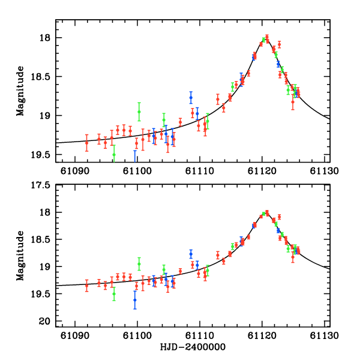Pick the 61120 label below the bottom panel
[262, 337]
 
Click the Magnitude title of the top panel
[20, 91]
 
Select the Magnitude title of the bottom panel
[20, 255]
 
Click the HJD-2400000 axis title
[193, 347]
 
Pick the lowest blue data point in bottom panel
[135, 300]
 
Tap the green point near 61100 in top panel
[139, 112]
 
